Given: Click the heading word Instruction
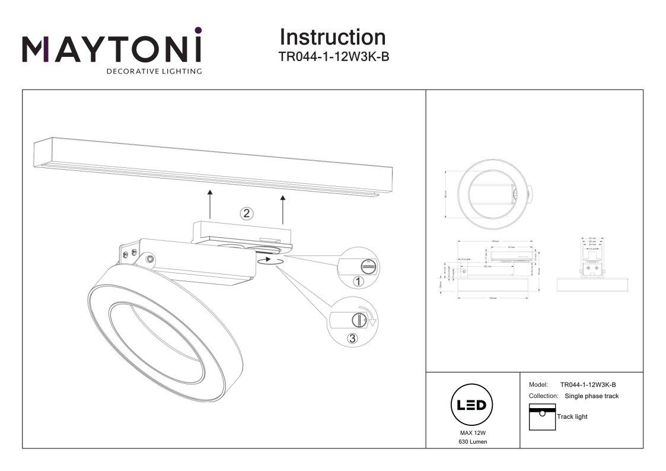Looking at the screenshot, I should (332, 37).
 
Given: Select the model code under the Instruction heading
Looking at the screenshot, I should (333, 57).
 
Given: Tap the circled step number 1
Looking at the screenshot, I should (358, 282).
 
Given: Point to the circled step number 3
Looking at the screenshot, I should (352, 339).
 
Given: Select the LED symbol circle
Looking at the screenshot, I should (473, 405).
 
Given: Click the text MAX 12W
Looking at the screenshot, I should (473, 434).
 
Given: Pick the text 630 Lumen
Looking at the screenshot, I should (473, 443).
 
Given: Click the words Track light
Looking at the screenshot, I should (572, 416).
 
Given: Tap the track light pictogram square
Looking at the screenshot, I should (541, 416).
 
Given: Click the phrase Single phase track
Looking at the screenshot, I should (592, 396).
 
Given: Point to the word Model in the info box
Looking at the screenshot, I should (538, 385).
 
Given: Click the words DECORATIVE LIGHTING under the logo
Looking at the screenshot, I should (154, 72).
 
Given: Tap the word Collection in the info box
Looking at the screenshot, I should (543, 396).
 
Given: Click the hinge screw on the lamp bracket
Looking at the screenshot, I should (151, 259).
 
